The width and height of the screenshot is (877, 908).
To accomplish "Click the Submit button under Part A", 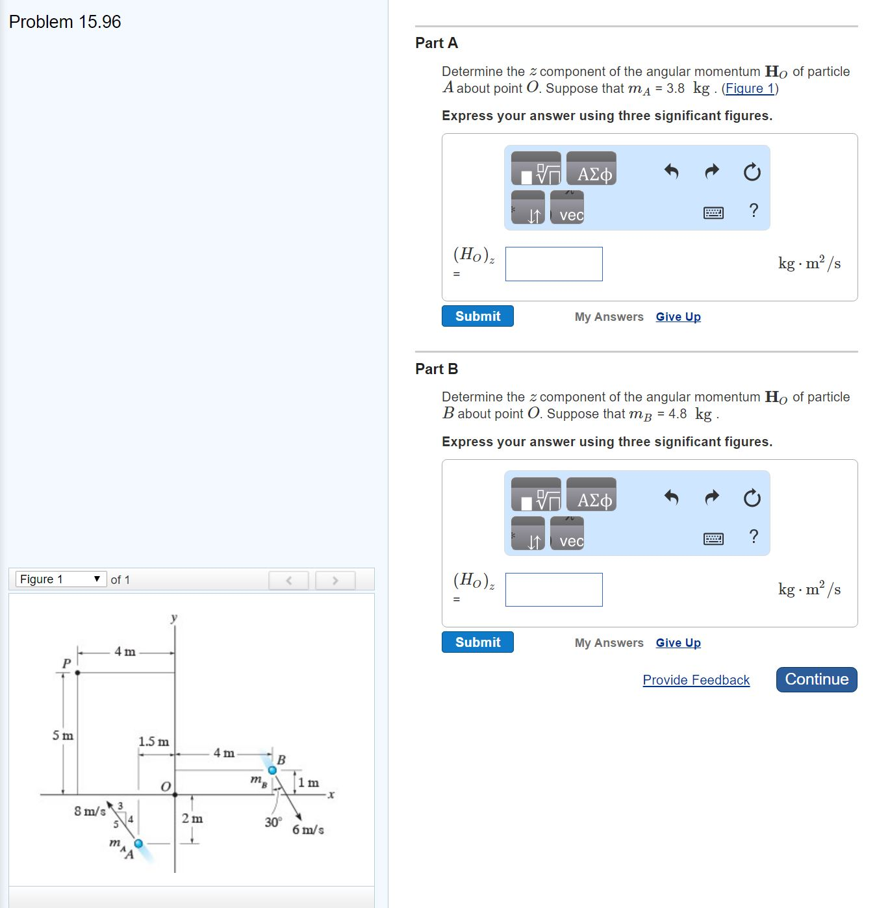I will (477, 316).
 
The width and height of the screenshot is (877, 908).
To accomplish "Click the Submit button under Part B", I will (477, 642).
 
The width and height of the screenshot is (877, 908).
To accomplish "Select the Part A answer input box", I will (553, 264).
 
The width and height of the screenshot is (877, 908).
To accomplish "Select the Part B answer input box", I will (553, 590).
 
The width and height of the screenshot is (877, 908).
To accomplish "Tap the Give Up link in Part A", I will (678, 317).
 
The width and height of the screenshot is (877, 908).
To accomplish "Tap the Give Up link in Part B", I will (678, 643).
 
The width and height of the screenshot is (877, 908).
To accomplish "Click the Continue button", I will (816, 679).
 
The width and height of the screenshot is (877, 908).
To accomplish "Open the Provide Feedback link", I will (696, 680).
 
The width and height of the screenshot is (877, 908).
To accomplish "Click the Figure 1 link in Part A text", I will (750, 88).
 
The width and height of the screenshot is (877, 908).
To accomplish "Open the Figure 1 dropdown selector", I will (60, 579).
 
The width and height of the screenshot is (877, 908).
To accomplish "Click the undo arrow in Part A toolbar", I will (671, 171).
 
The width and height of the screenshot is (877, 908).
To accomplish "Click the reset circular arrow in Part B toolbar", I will (752, 498).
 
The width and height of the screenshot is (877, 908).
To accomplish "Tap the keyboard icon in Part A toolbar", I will (713, 212).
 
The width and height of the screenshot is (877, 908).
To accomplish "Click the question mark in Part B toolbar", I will (754, 536).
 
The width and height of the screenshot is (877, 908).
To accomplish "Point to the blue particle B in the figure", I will (272, 770).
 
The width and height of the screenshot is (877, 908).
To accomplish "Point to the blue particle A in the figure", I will (138, 843).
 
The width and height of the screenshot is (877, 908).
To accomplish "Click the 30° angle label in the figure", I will (273, 822).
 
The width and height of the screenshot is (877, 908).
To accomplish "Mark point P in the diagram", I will (77, 672).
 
